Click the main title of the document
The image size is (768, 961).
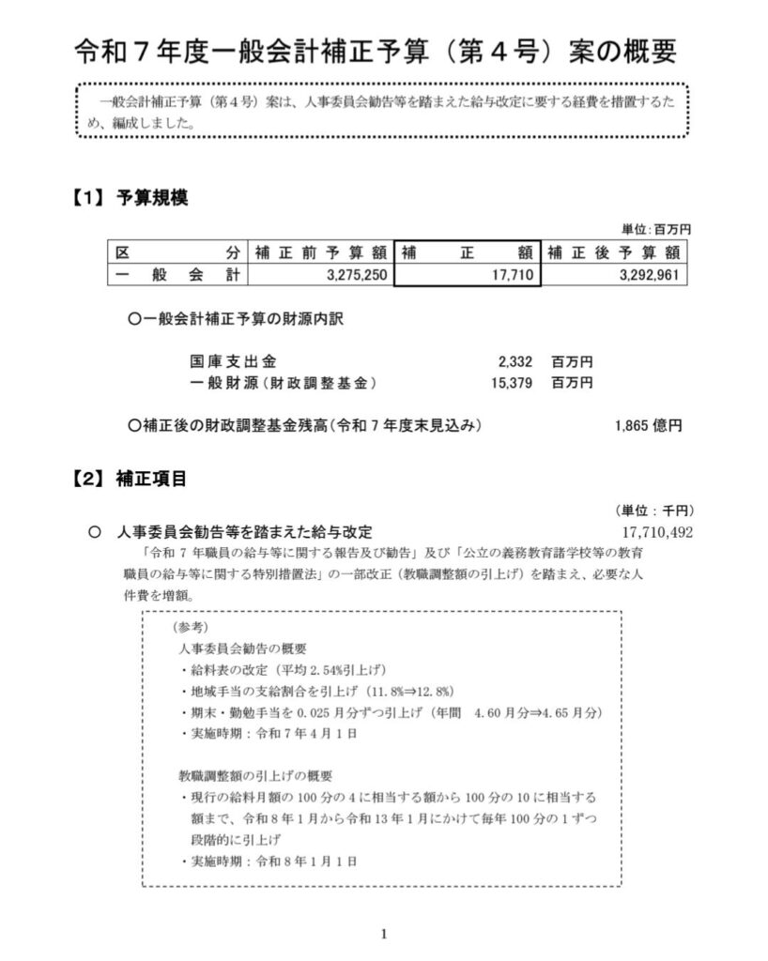point(375,52)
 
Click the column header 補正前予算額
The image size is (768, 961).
point(320,252)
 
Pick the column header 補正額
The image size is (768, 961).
point(467,252)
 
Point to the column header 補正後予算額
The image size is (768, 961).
point(614,252)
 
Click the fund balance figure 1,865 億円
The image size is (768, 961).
point(649,425)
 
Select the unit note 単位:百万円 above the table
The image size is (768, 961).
point(656,229)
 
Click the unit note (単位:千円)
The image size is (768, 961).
point(654,511)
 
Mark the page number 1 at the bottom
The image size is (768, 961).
point(384,933)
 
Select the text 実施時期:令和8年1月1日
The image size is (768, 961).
point(267,861)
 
